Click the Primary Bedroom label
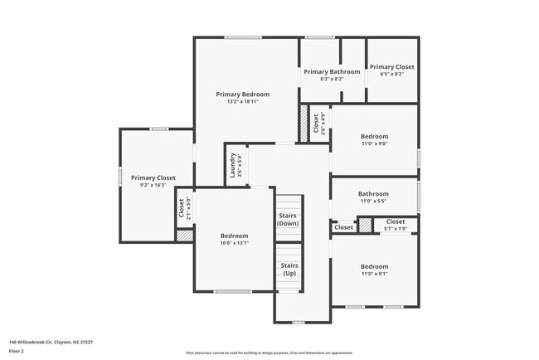(242, 95)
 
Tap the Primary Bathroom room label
(332, 72)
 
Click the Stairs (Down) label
(288, 220)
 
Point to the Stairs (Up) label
(289, 269)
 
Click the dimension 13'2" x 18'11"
(242, 102)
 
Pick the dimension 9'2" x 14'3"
(153, 185)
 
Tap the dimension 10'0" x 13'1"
(234, 243)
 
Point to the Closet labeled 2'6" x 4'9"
(318, 124)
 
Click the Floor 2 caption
(17, 352)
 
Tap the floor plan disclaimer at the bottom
(269, 352)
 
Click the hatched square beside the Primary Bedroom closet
(303, 123)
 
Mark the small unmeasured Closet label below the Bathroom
(343, 226)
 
